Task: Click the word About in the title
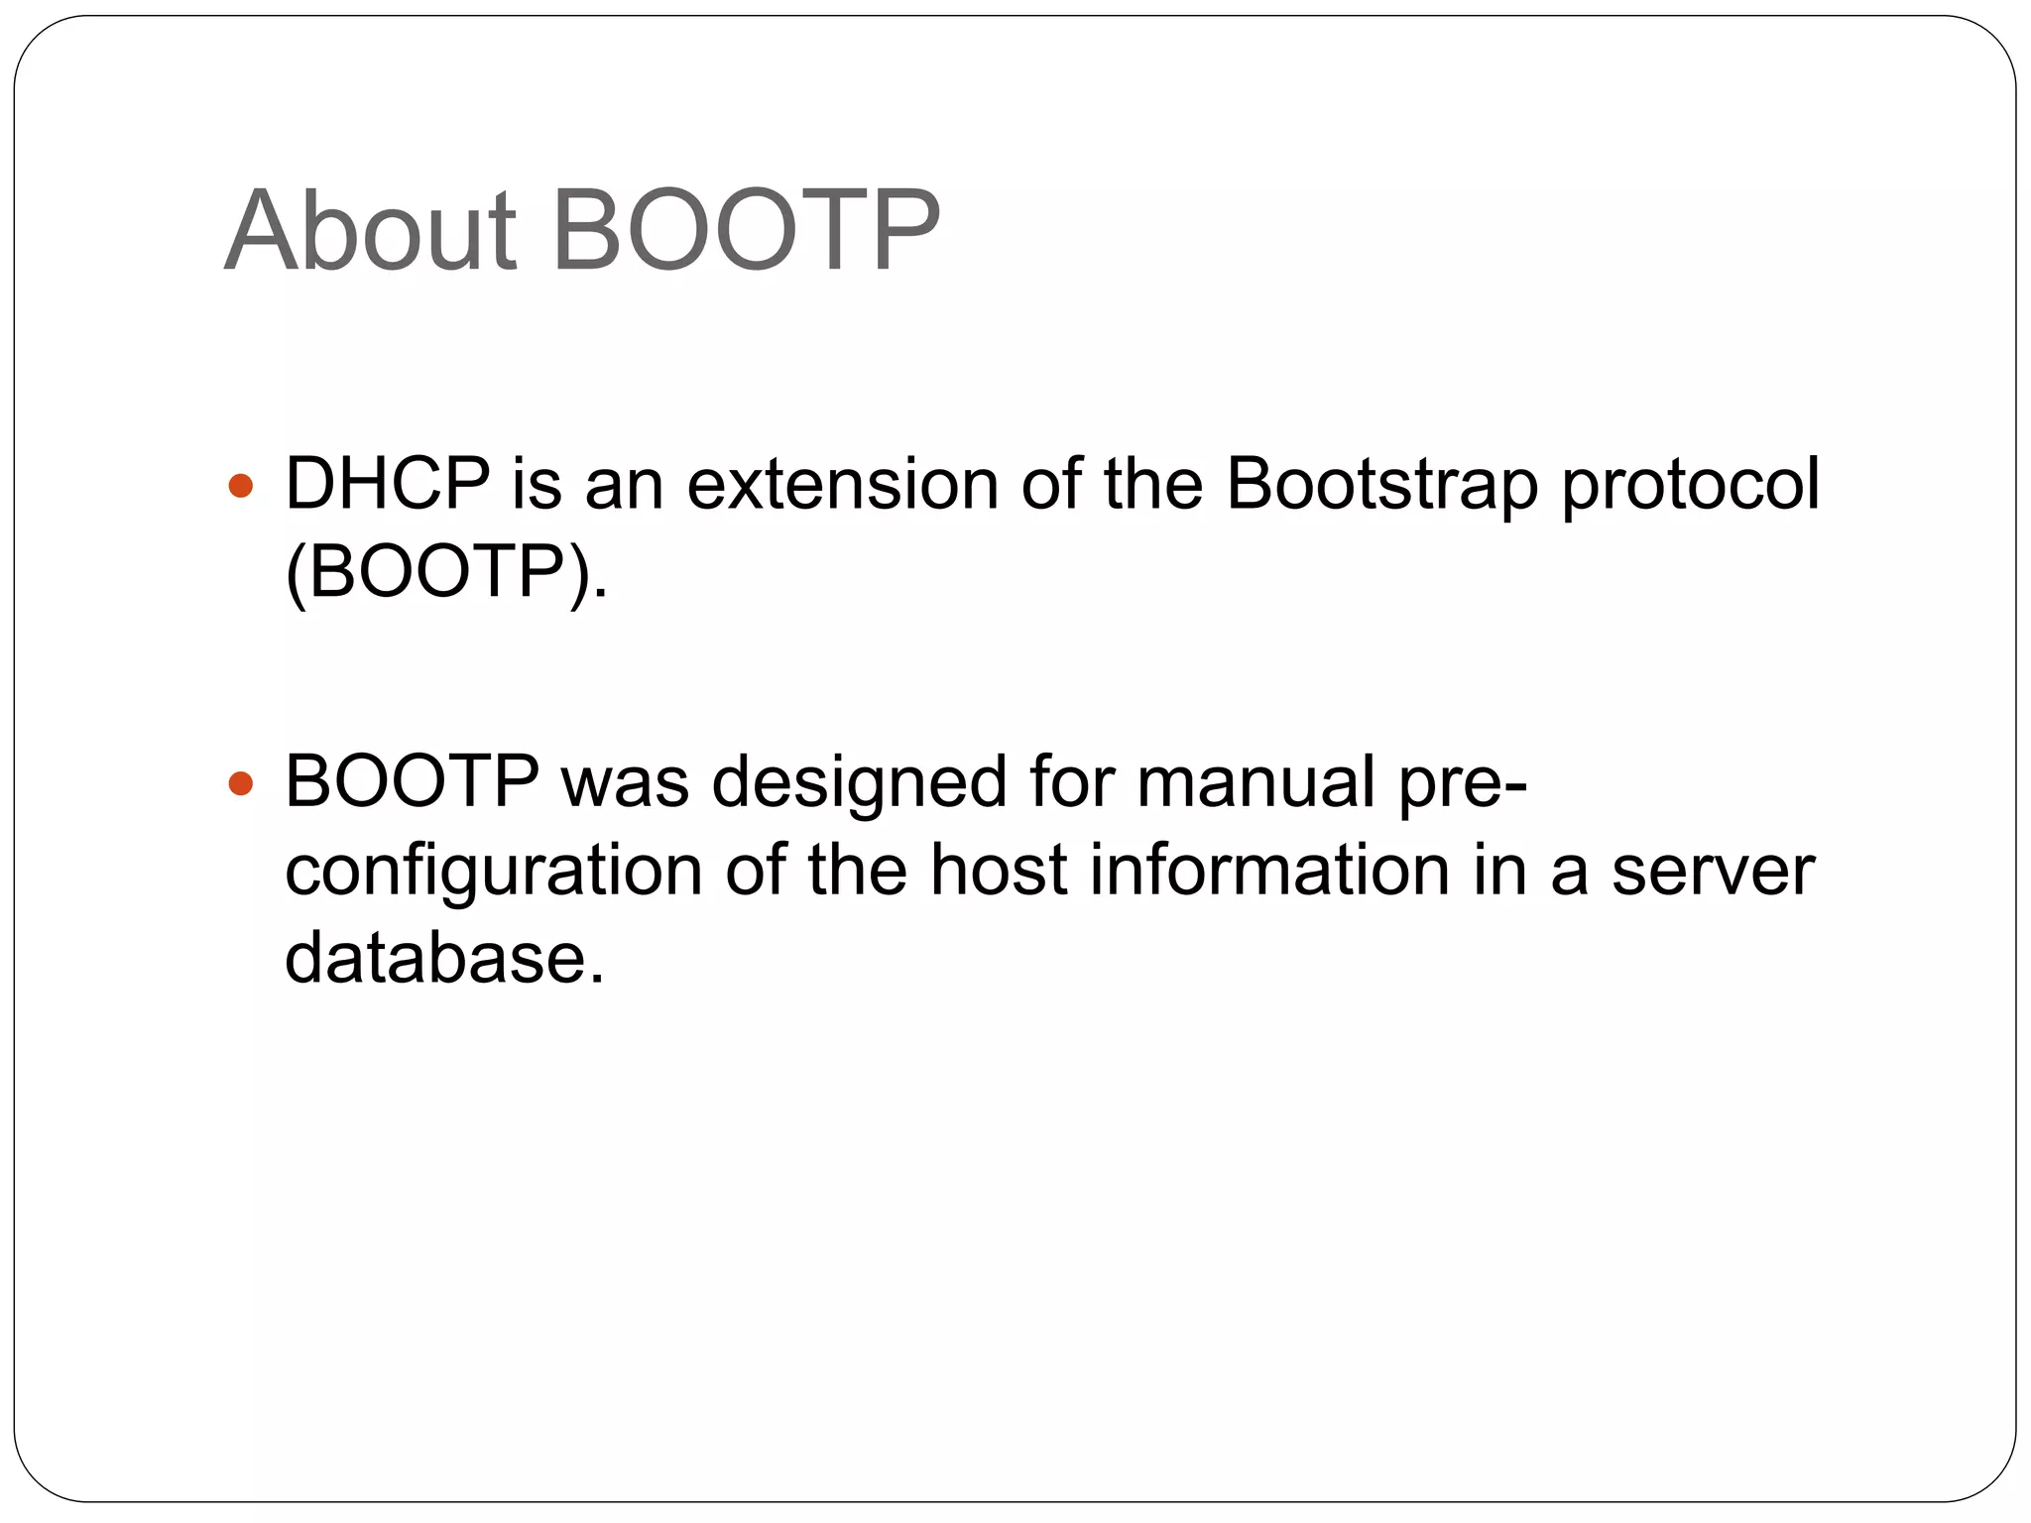point(371,231)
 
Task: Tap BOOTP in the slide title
point(745,231)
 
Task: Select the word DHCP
point(387,484)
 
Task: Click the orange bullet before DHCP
point(241,487)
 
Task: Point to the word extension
point(842,484)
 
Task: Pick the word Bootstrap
point(1381,486)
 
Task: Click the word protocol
point(1691,486)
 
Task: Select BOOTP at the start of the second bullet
point(412,781)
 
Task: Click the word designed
point(859,781)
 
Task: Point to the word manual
point(1255,781)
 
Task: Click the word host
point(999,870)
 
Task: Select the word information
point(1270,870)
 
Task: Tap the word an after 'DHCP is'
point(624,486)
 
